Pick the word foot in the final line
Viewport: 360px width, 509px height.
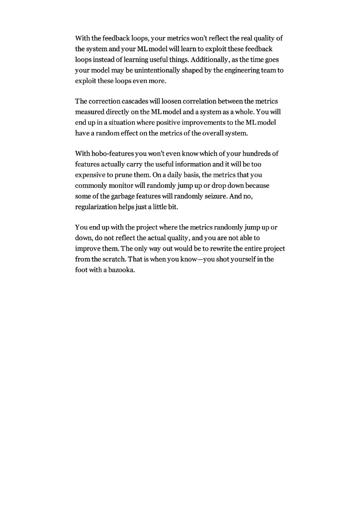pos(81,270)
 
